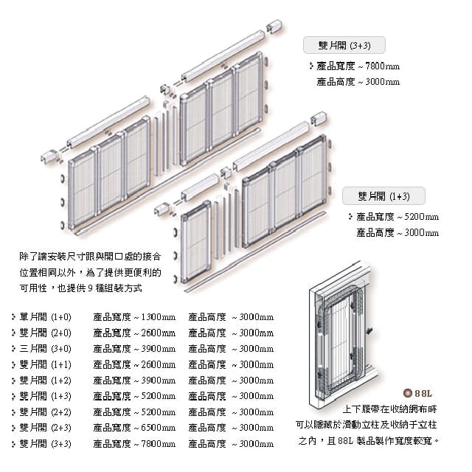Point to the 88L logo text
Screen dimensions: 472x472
click(427, 393)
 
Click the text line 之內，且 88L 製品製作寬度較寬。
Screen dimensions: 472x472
click(369, 440)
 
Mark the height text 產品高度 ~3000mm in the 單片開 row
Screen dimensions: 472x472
click(231, 316)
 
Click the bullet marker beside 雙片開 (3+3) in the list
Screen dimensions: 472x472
click(14, 444)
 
